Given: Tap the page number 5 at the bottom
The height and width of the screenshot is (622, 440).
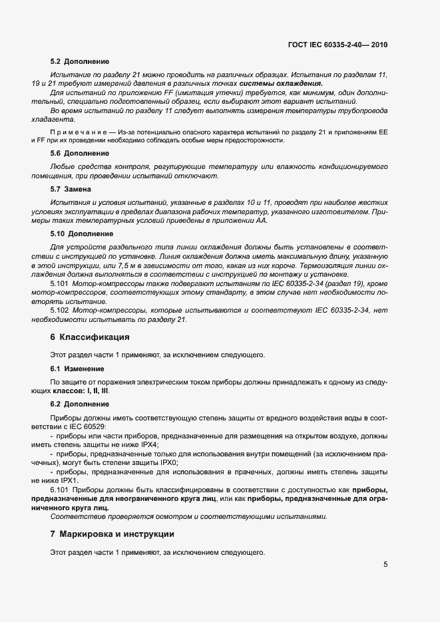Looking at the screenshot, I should pos(385,565).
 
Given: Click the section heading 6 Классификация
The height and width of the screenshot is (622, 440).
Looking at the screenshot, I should pos(90,337).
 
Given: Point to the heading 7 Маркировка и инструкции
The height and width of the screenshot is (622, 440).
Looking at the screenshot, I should pos(112,534).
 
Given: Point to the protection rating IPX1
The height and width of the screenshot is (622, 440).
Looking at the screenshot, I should pos(67,480).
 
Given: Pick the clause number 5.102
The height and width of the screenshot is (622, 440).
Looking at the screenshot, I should pos(61,310).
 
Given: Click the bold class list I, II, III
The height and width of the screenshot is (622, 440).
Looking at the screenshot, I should pos(97,390).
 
